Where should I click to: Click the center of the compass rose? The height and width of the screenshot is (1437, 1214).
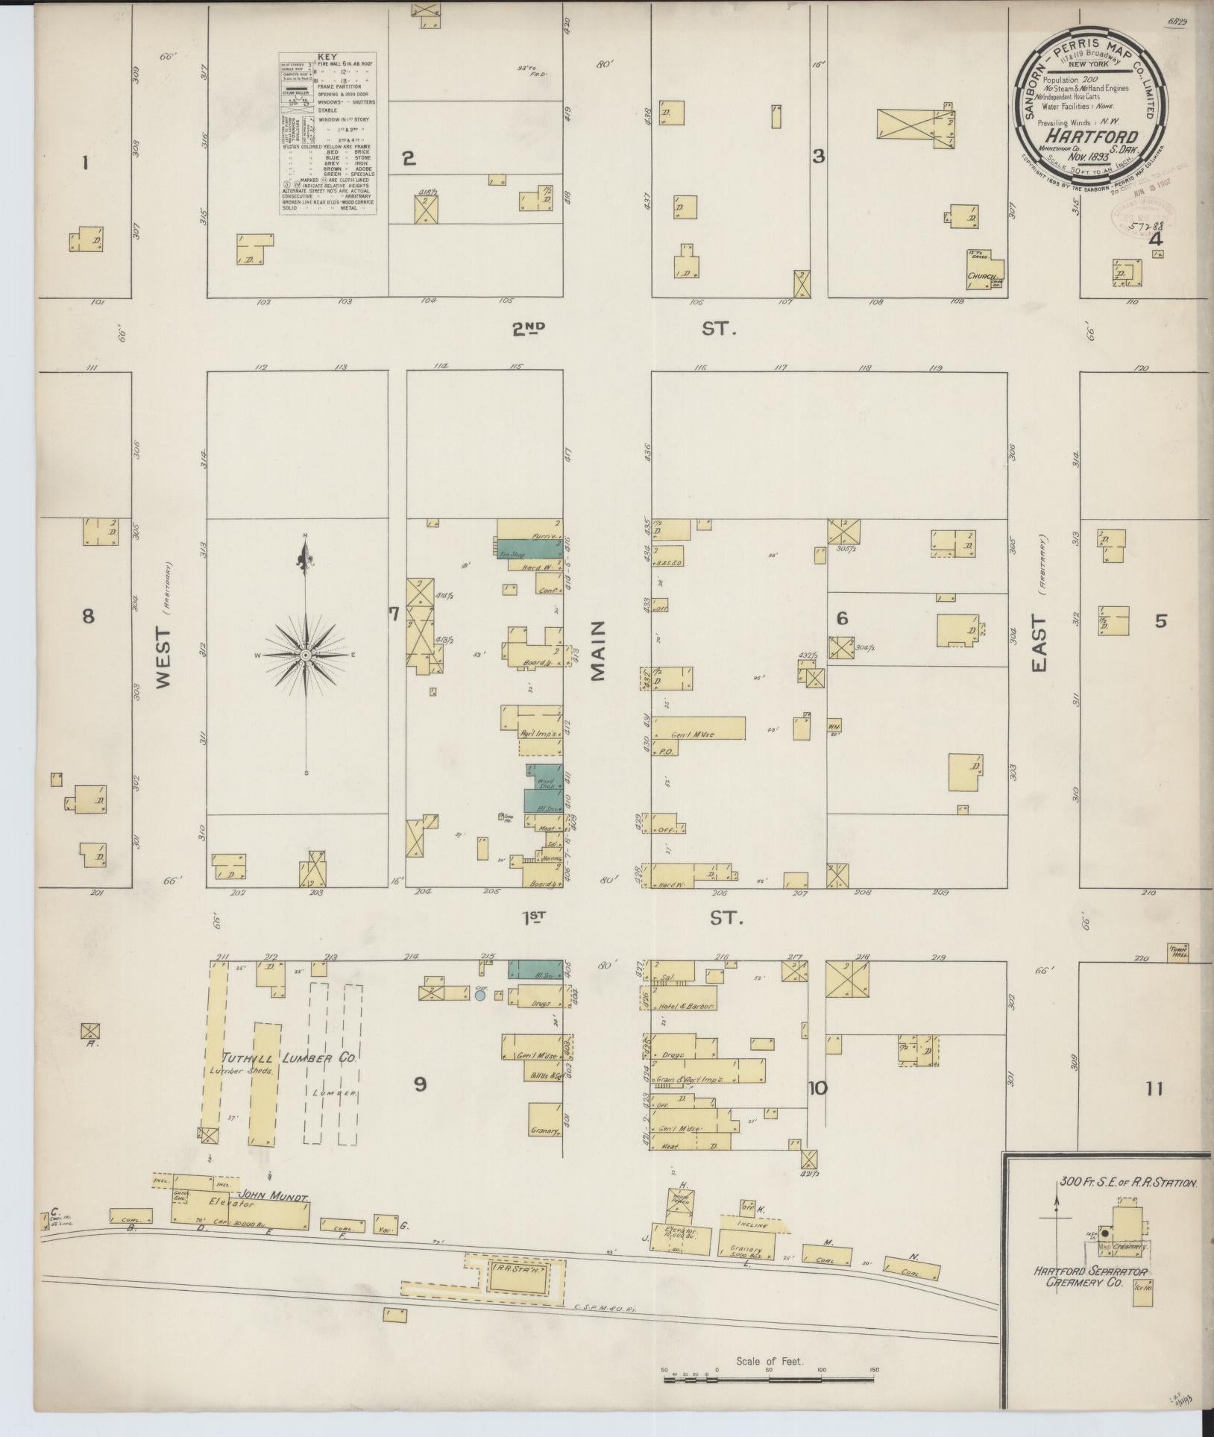[305, 655]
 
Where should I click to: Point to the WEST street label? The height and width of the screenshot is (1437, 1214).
[164, 655]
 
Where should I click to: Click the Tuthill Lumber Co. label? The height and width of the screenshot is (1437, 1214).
[291, 1058]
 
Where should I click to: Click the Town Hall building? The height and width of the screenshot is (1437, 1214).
[1178, 952]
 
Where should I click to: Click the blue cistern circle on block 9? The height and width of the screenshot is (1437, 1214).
[481, 996]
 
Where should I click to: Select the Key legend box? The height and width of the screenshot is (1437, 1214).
[327, 134]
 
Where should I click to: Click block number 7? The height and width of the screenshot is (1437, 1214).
[394, 614]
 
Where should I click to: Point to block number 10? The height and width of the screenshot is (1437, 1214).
[817, 1088]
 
